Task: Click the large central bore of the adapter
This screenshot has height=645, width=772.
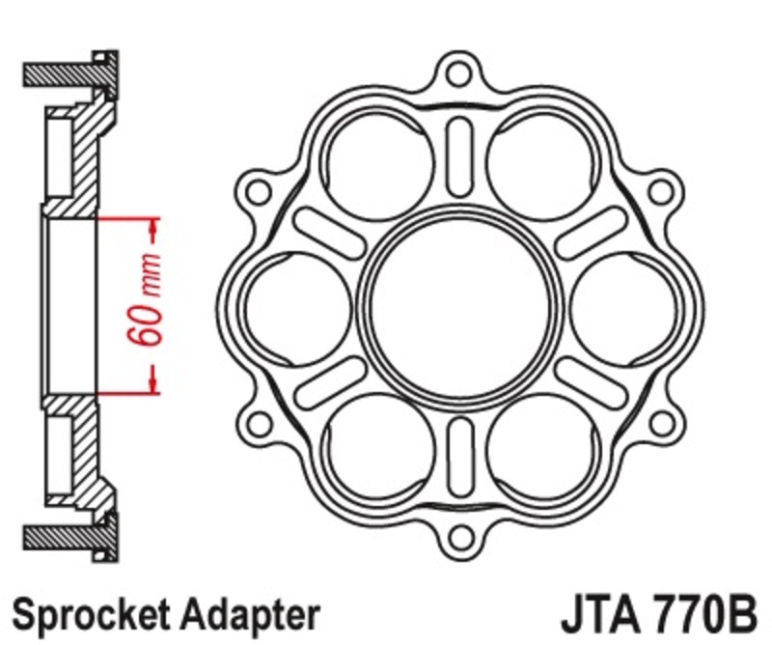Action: [x=459, y=300]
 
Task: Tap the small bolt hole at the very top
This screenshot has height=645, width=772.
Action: [x=459, y=72]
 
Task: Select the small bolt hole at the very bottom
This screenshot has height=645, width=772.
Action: [x=459, y=530]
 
